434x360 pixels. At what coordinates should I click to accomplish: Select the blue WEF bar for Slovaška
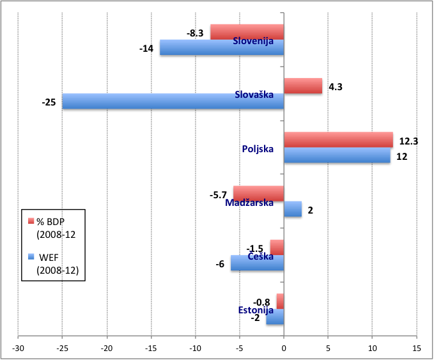click(x=173, y=102)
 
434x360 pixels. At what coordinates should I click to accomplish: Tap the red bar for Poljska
click(x=338, y=139)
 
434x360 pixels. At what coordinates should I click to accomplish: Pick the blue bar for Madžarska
click(x=293, y=209)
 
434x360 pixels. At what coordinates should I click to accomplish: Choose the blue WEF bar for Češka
click(x=258, y=263)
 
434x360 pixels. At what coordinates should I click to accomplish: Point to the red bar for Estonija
click(x=280, y=301)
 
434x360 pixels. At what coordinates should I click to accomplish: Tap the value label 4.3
click(x=335, y=86)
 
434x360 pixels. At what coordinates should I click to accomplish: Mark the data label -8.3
click(x=196, y=32)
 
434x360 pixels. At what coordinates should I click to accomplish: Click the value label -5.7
click(x=218, y=194)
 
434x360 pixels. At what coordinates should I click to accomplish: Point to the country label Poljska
click(x=258, y=149)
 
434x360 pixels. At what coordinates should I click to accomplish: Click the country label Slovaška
click(x=254, y=95)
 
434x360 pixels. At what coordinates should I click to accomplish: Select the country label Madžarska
click(x=249, y=203)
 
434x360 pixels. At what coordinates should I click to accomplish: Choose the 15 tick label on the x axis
click(x=416, y=348)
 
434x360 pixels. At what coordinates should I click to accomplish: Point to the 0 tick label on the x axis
click(x=284, y=348)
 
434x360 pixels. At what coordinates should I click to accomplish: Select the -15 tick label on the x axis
click(x=151, y=348)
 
